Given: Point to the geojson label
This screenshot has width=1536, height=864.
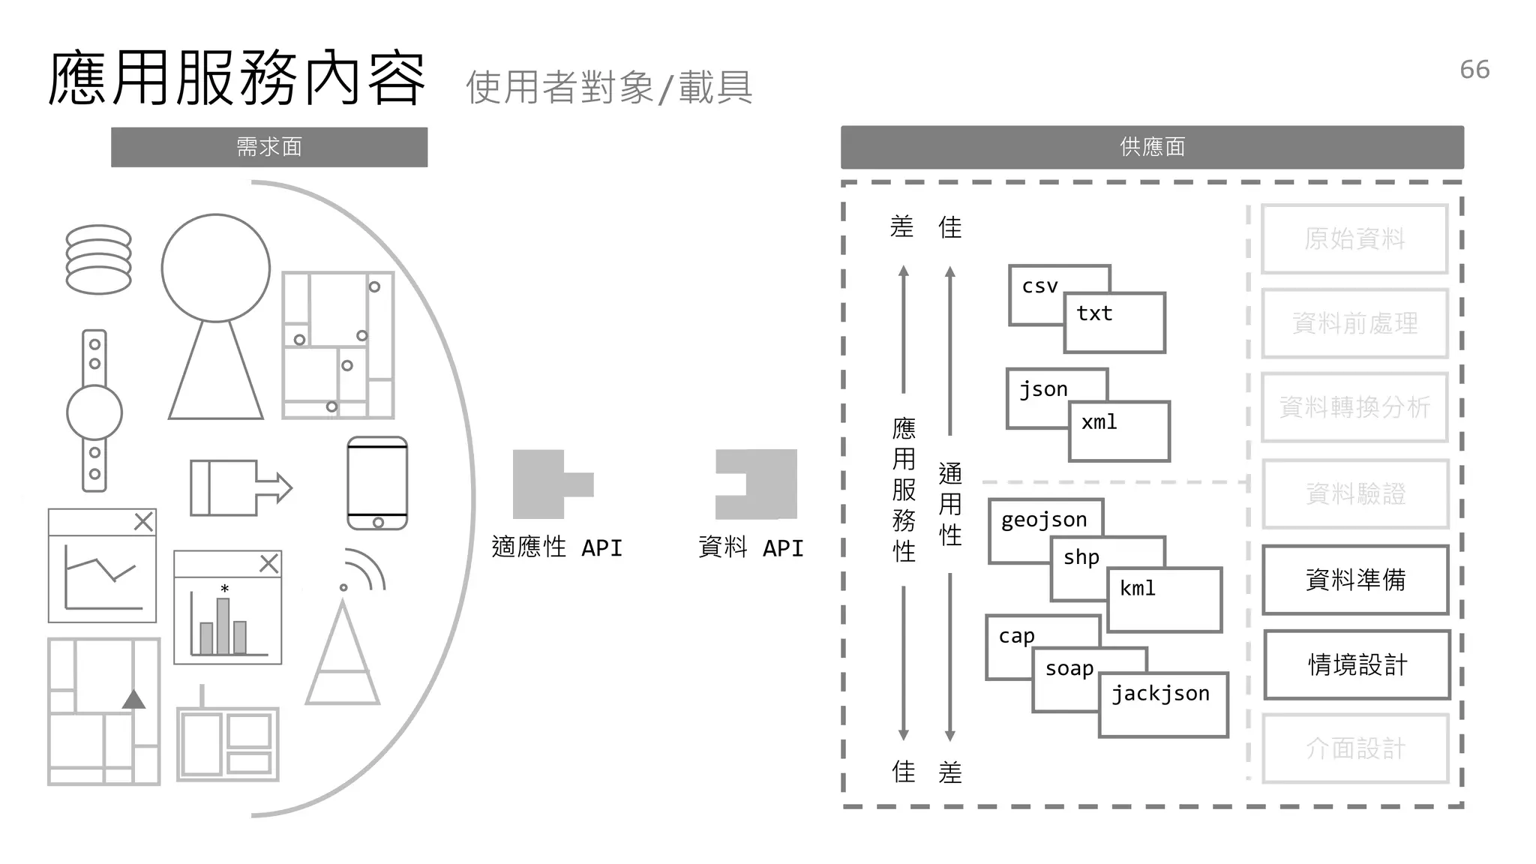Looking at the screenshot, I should coord(1043,520).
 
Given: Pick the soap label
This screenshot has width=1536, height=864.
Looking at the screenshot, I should coord(1069,668).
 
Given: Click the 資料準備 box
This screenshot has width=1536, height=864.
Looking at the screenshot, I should coord(1355,580).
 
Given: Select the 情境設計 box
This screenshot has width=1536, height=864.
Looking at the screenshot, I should coord(1357,664).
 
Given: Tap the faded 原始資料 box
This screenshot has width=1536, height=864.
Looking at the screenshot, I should coord(1354,238).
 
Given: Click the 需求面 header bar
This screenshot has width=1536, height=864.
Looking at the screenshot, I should coord(269,147).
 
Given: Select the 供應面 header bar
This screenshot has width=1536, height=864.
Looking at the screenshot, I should coord(1152,147).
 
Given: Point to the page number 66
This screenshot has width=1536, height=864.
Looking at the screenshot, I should coord(1474,70).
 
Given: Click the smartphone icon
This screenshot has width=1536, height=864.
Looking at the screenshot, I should coord(377,483).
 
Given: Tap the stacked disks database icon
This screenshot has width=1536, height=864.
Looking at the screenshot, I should coord(98,259).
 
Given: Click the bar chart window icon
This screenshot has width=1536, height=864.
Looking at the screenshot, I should coord(228,607).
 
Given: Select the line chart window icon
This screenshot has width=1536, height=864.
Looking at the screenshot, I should coord(102,565).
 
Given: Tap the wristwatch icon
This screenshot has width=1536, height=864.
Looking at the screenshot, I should coord(94,411).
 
